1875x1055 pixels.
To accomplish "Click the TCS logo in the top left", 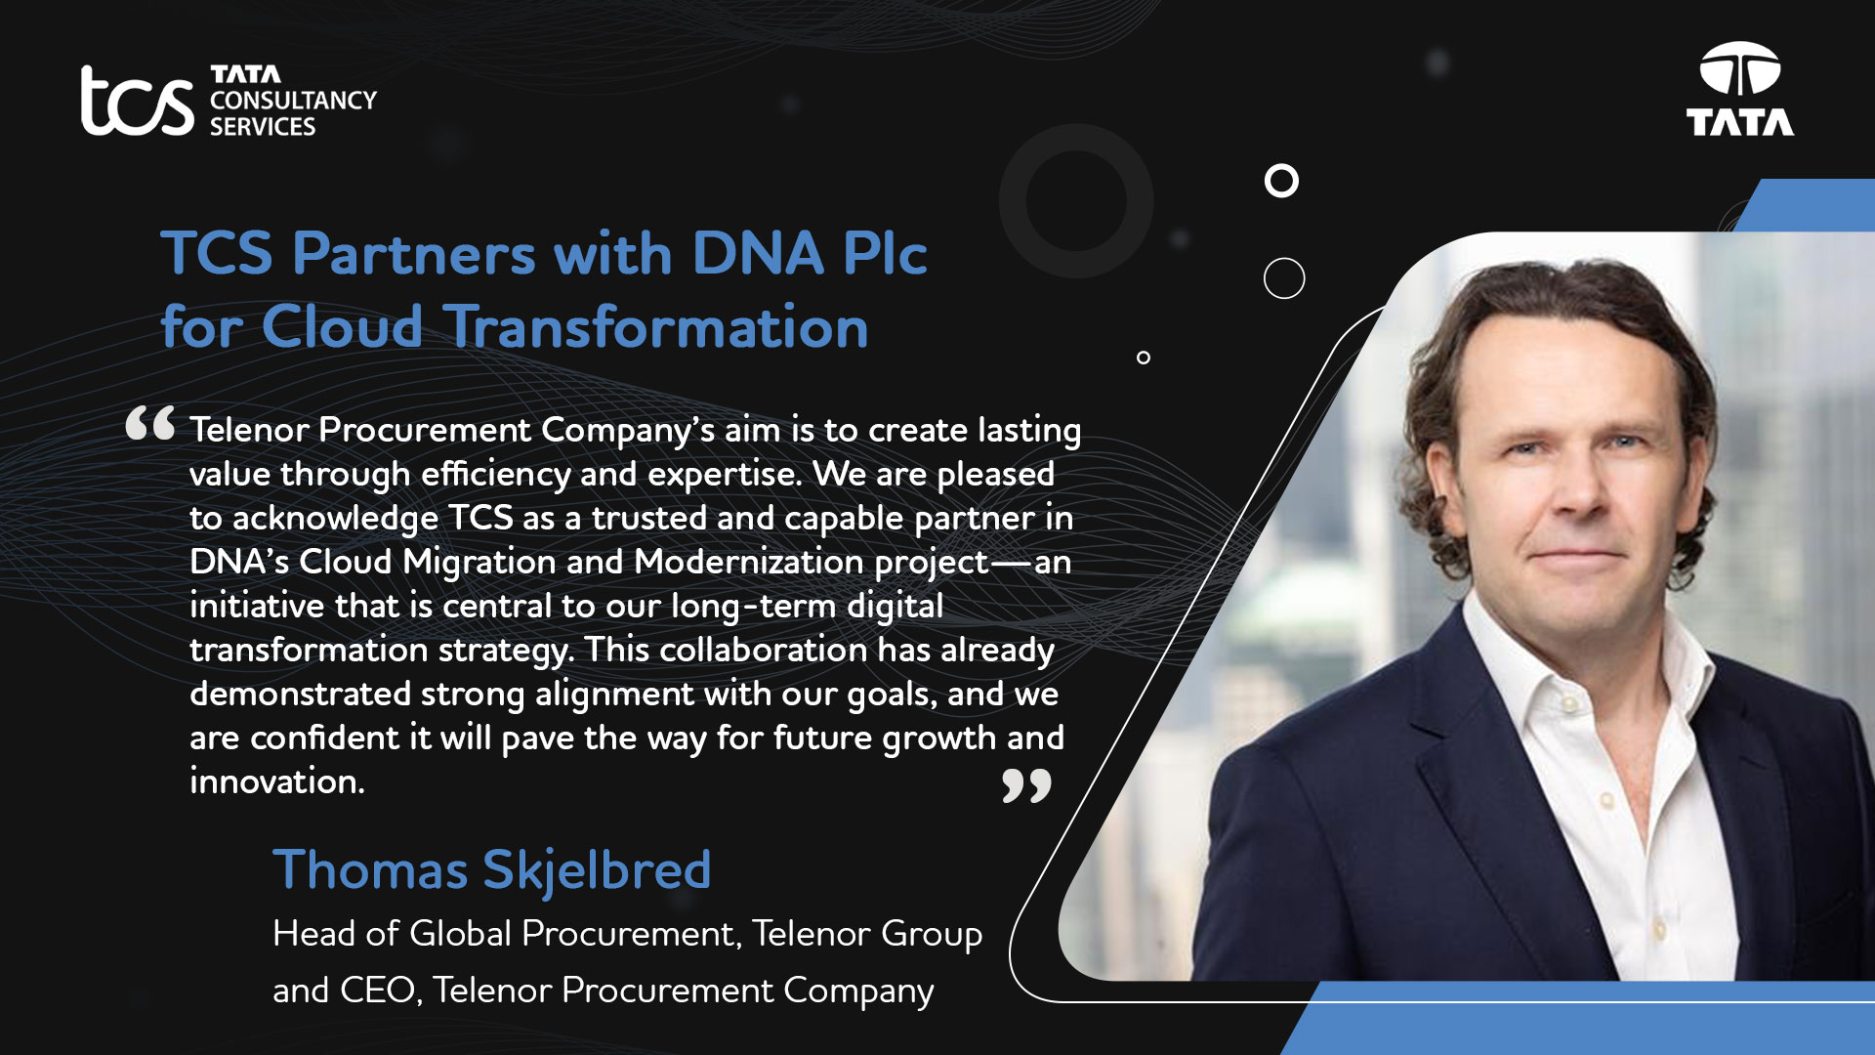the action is (x=138, y=100).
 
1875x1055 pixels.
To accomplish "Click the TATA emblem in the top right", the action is (x=1740, y=89).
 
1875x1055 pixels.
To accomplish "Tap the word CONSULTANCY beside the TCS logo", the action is (x=293, y=101).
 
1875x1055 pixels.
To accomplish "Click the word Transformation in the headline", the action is (x=657, y=326).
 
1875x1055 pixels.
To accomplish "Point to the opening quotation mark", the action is (x=150, y=424).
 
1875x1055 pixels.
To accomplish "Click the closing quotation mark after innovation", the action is (x=1026, y=785).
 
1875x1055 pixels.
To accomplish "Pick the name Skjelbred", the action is (x=597, y=871).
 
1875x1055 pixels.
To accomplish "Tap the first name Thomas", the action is (x=370, y=869).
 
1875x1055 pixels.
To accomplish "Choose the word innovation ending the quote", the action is (x=277, y=781).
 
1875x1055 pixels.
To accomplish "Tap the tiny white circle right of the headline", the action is (x=1144, y=358).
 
